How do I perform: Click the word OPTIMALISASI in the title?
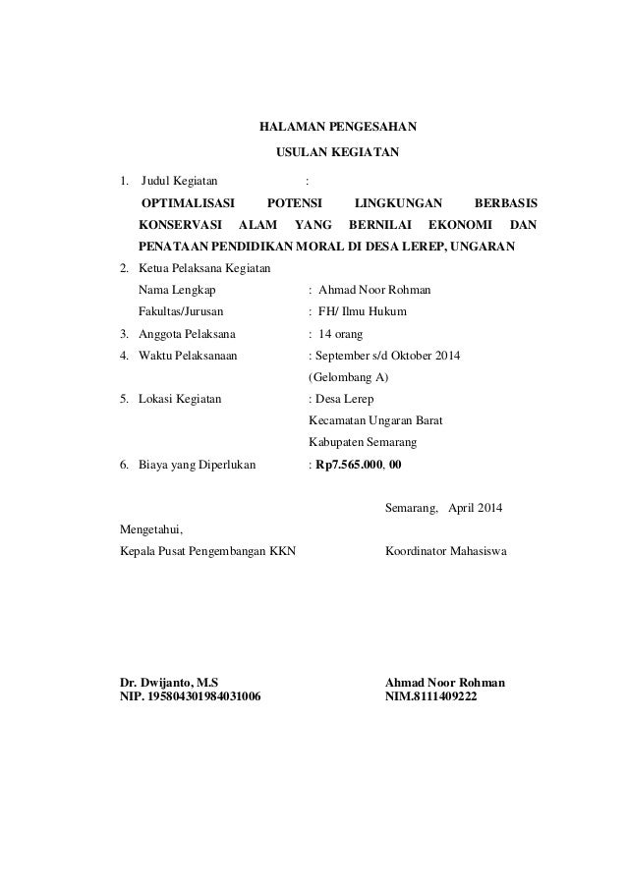tap(189, 203)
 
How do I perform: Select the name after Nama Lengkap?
tap(369, 290)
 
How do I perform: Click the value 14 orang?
tap(342, 333)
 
